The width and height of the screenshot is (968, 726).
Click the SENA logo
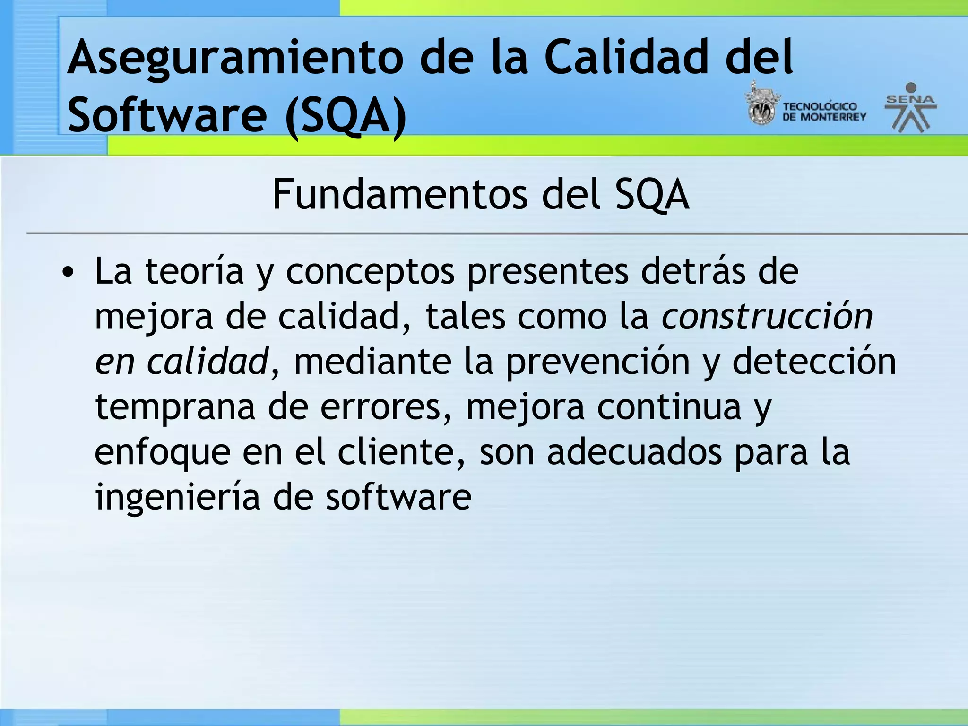(x=910, y=108)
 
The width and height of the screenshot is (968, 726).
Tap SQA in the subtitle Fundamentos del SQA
(x=652, y=195)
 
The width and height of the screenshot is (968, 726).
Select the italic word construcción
(x=767, y=316)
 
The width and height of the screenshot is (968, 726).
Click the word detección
(x=814, y=362)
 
